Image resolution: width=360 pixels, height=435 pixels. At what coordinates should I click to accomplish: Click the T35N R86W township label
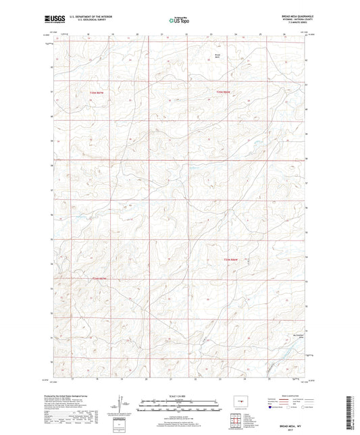coord(223,91)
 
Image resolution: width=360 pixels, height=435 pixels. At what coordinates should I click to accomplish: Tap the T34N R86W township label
coord(231,260)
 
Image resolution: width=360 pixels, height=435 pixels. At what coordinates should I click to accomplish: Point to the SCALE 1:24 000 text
coord(180,396)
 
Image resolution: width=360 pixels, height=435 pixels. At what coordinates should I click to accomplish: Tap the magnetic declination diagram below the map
coord(122,404)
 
